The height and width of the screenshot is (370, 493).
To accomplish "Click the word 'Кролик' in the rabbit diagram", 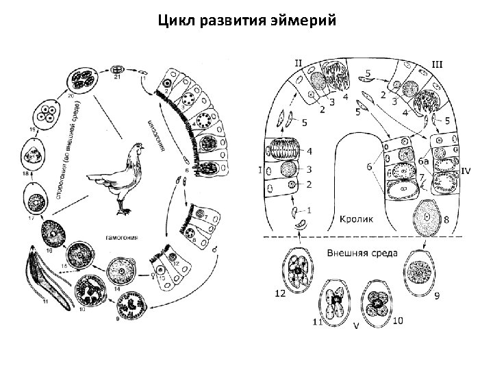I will pyautogui.click(x=356, y=220).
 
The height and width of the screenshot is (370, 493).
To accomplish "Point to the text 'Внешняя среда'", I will pyautogui.click(x=362, y=252).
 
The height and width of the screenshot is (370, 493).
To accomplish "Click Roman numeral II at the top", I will pyautogui.click(x=299, y=62).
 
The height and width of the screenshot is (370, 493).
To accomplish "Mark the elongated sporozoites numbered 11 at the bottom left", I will pyautogui.click(x=48, y=281).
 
